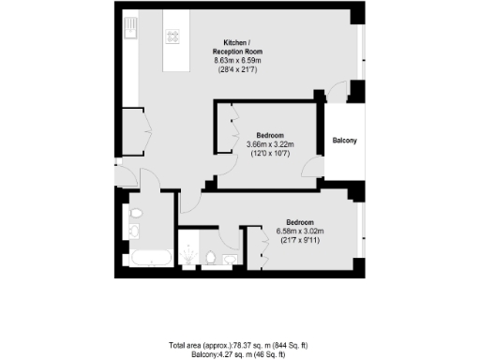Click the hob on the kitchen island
click(172, 37)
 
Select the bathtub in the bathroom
click(147, 256)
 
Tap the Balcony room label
click(344, 142)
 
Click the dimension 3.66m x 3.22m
click(270, 143)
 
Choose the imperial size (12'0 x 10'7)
click(270, 154)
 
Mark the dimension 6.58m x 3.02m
click(300, 231)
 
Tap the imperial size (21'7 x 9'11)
click(300, 241)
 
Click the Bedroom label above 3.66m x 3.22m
click(270, 133)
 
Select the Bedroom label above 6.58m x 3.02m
click(300, 220)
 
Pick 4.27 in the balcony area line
click(225, 353)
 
